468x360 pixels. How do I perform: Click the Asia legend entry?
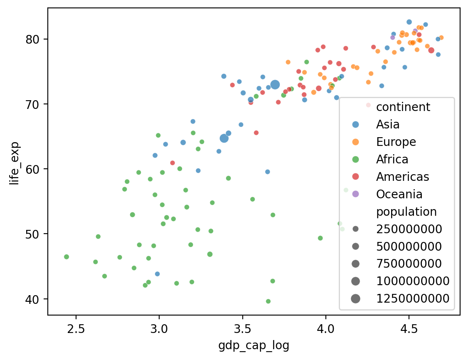[388, 124]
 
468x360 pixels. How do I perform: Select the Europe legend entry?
[396, 142]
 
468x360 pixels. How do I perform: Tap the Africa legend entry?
[392, 159]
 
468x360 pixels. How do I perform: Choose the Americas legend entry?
[402, 177]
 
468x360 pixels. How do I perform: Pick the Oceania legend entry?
[399, 194]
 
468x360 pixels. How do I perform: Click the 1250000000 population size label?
[413, 298]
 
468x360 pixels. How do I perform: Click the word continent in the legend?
[403, 107]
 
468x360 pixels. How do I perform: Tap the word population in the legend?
[406, 212]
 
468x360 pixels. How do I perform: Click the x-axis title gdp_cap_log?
[254, 346]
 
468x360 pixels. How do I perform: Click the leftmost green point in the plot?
[67, 257]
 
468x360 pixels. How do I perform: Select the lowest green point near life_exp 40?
[268, 301]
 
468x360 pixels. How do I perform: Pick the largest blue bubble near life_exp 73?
[275, 85]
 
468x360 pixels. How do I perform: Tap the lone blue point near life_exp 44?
[157, 274]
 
